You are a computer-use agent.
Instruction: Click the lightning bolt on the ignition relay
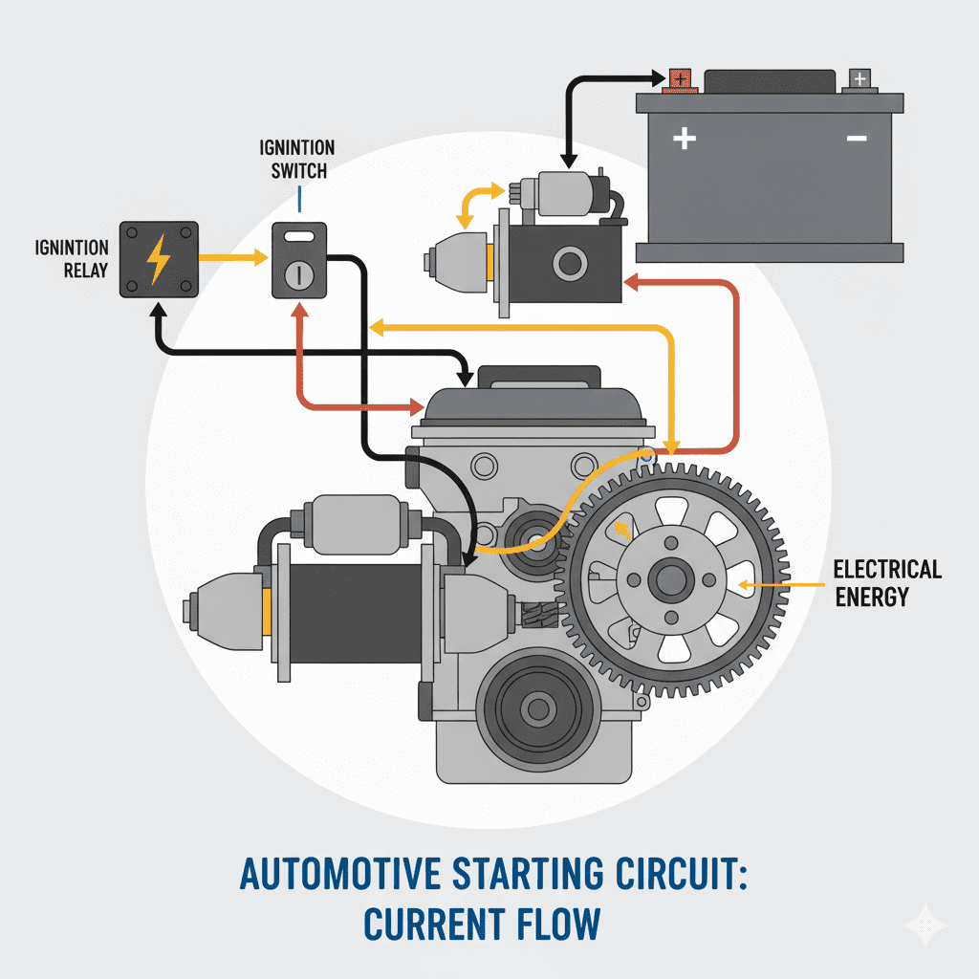pyautogui.click(x=158, y=258)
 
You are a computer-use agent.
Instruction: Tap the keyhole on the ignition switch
pyautogui.click(x=298, y=273)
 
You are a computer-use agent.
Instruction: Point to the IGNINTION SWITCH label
pyautogui.click(x=297, y=160)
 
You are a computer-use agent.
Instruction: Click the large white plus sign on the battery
pyautogui.click(x=684, y=140)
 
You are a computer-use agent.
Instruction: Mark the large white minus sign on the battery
pyautogui.click(x=856, y=140)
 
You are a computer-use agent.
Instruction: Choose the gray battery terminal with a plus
pyautogui.click(x=859, y=78)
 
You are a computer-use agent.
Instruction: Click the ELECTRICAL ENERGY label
pyautogui.click(x=887, y=583)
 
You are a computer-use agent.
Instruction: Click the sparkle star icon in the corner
pyautogui.click(x=925, y=925)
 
